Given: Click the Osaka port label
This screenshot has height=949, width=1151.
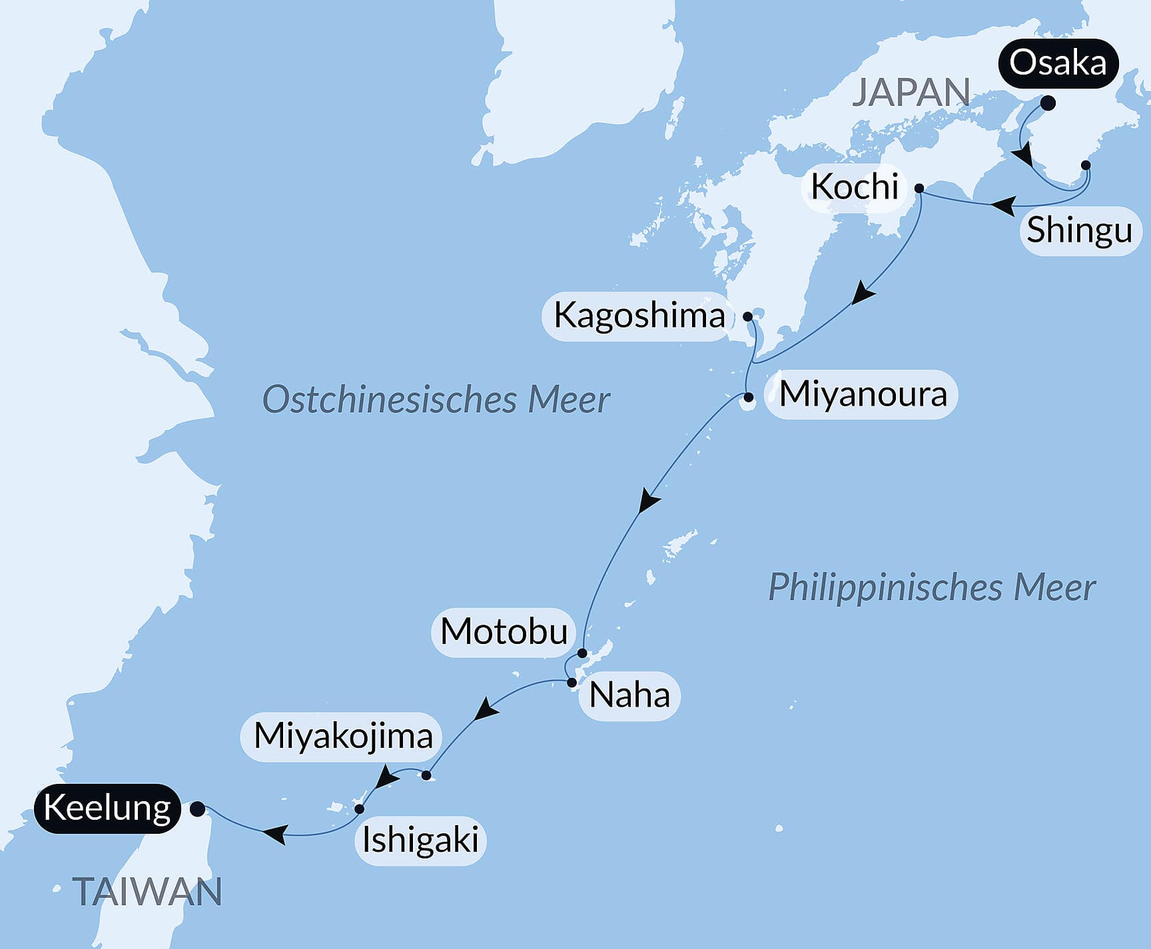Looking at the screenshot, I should click(x=1057, y=64).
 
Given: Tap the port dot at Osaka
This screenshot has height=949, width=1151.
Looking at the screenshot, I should click(x=1048, y=103).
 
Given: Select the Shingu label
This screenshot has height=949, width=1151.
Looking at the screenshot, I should click(x=1079, y=230).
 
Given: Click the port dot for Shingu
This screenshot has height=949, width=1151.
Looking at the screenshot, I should click(x=1086, y=164).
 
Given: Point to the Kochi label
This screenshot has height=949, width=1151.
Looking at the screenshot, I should click(x=855, y=187).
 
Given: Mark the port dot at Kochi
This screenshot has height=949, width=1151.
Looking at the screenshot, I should click(x=919, y=188).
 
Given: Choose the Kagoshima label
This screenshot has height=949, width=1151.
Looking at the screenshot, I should click(x=639, y=316).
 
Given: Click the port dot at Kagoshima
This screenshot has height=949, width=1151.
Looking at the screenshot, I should click(x=747, y=316).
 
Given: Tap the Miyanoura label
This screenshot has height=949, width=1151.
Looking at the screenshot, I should click(x=863, y=394).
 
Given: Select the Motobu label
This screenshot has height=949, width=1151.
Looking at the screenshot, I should click(x=504, y=631).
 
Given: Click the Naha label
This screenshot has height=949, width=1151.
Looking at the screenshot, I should click(x=629, y=696).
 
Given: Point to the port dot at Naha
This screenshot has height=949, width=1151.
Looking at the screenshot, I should click(x=572, y=683).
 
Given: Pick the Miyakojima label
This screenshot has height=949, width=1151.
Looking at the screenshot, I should click(x=343, y=737).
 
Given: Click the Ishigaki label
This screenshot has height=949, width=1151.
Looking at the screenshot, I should click(x=420, y=840).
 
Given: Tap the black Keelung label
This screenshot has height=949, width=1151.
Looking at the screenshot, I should click(x=107, y=808).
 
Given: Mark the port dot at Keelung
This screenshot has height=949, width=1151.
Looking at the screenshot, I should click(x=197, y=809).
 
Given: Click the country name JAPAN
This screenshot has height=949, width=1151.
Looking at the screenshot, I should click(x=911, y=92).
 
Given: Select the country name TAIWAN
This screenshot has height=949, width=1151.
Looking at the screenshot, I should click(x=147, y=892).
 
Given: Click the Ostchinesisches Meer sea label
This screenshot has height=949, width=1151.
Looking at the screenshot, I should click(x=436, y=400).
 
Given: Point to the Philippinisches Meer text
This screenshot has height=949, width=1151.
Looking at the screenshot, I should click(x=931, y=588).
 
